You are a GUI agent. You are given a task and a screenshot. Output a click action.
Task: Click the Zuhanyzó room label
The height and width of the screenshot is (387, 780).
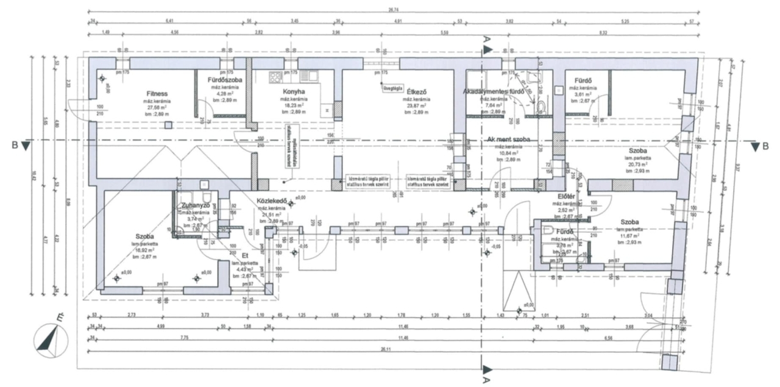point(196,205)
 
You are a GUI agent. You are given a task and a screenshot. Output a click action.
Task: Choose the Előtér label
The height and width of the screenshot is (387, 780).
point(567,196)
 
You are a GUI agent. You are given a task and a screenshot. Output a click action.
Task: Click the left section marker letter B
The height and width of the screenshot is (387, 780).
point(12,145)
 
